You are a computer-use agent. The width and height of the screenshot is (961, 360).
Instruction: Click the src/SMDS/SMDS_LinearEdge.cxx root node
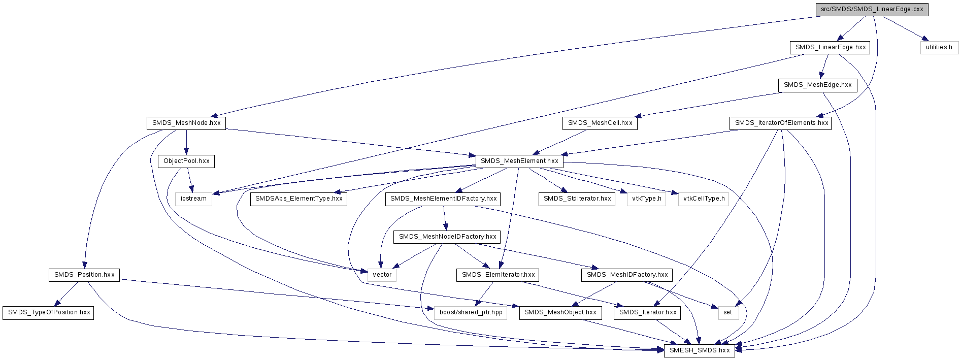(872, 10)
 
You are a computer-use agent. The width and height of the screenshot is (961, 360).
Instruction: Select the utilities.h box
(939, 48)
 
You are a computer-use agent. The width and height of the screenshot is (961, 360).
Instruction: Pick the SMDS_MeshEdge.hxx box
(817, 85)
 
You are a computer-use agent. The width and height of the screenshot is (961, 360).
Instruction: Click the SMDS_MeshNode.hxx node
(186, 123)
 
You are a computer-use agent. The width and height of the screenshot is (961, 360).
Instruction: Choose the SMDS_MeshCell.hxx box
(600, 123)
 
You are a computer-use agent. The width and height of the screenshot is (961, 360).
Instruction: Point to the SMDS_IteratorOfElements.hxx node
(781, 123)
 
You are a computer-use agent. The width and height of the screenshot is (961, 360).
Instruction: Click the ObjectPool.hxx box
(186, 161)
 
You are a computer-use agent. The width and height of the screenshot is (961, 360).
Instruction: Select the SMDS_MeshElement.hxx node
(519, 161)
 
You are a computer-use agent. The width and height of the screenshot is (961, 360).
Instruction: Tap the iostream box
(193, 199)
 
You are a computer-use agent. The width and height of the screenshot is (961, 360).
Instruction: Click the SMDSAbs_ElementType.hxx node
(299, 199)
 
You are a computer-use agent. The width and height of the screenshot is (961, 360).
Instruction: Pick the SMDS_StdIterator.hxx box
(577, 199)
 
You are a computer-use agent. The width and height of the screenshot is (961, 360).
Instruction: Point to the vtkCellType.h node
(704, 199)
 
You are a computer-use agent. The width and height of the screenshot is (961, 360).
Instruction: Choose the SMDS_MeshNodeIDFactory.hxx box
(447, 237)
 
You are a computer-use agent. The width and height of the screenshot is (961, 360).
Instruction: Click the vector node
(382, 275)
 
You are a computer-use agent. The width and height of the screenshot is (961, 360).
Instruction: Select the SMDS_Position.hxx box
(84, 275)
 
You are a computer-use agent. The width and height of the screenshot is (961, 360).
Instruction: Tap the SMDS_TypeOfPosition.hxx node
(49, 313)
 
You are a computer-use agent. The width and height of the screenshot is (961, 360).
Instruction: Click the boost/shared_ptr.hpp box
(471, 313)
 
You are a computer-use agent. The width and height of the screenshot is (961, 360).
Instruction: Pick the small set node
(727, 313)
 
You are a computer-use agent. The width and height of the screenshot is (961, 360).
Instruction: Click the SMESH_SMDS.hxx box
(700, 351)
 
